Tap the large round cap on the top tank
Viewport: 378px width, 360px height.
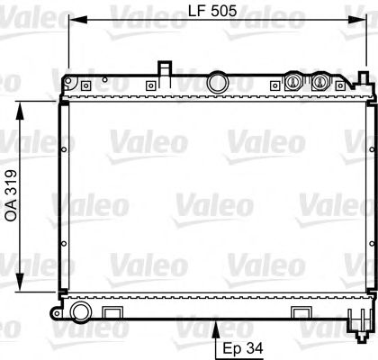point(217,83)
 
